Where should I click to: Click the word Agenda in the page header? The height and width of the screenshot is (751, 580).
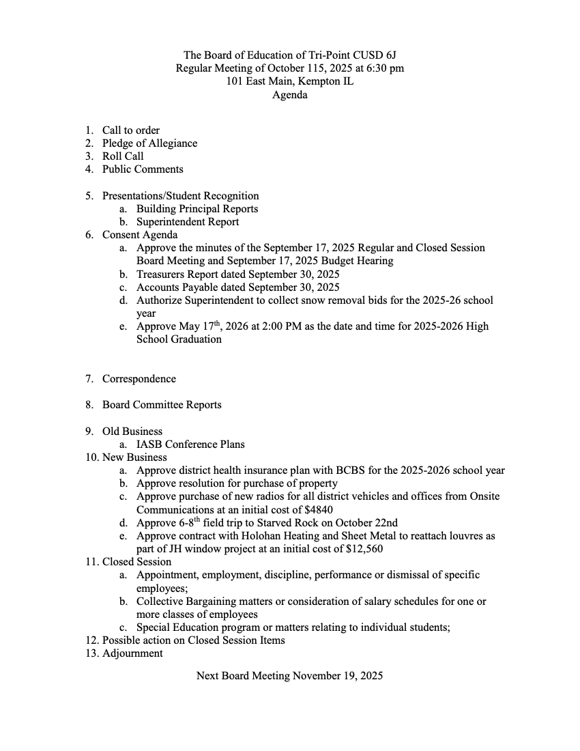289,95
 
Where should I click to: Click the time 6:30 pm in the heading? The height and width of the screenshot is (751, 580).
381,68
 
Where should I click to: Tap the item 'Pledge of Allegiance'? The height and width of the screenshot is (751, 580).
149,143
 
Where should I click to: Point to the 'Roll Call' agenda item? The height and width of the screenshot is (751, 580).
123,156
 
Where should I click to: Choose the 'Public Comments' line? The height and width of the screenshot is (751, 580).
143,169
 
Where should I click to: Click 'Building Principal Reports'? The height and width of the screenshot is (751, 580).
197,209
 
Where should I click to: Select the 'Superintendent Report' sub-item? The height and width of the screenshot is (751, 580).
188,222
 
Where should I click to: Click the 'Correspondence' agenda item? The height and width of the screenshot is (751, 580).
139,379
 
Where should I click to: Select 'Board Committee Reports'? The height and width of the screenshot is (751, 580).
162,405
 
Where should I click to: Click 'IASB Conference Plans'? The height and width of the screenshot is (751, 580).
190,444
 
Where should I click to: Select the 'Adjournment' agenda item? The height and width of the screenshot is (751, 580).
132,653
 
